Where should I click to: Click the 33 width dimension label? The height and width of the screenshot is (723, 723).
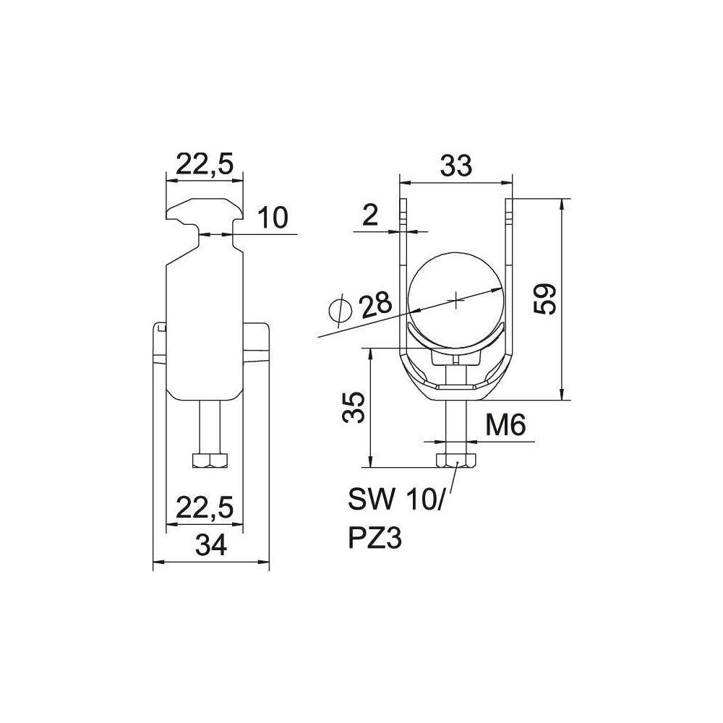pos(456,166)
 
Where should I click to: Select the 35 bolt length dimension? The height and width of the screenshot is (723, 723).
pos(354,408)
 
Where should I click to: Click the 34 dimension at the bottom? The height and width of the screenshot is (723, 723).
pos(211,545)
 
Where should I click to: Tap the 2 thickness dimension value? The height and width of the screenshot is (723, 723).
pos(369,215)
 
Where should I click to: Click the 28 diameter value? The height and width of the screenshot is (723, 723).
pos(376,304)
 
